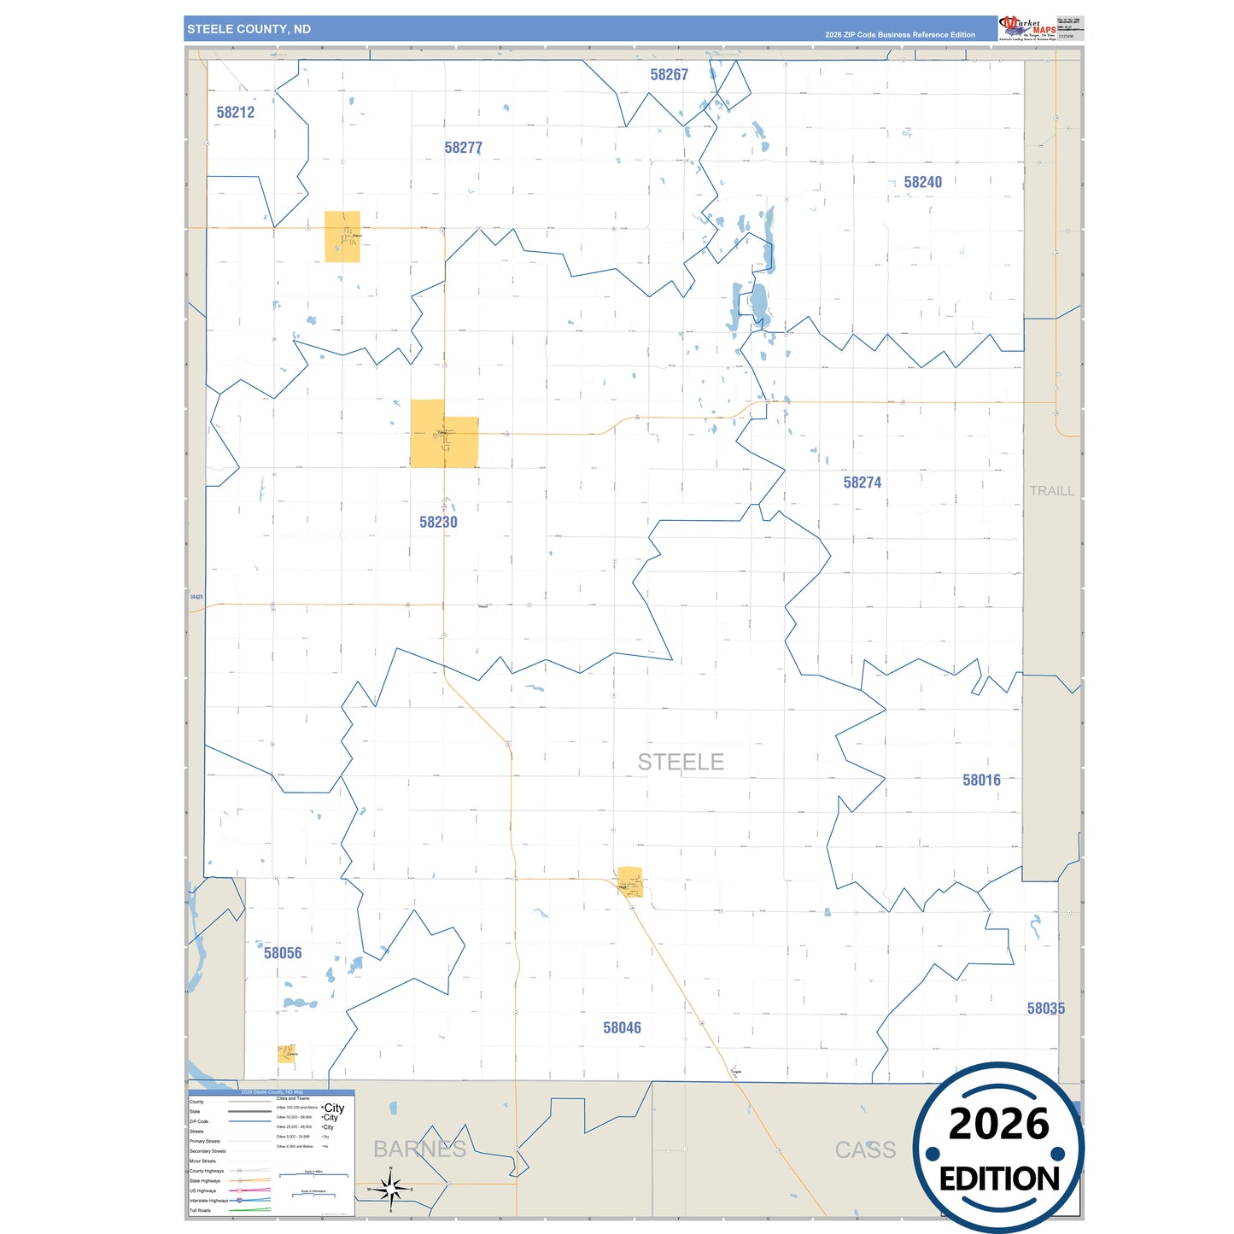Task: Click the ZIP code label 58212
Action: click(235, 112)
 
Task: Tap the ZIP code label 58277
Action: click(463, 148)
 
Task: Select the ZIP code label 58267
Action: click(669, 75)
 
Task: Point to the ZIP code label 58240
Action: click(922, 182)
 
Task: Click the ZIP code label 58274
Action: click(862, 482)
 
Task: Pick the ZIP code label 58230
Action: click(438, 522)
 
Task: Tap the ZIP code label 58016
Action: click(981, 780)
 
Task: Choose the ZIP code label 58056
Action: click(283, 953)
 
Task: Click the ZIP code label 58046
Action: click(622, 1028)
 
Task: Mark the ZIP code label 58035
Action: click(1045, 1009)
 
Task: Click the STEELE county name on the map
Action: click(681, 762)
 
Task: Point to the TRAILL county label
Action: click(1051, 491)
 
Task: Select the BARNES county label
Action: click(419, 1149)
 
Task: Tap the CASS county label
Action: click(865, 1150)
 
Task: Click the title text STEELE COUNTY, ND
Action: click(249, 29)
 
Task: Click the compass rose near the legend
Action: click(390, 1188)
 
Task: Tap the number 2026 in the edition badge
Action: click(998, 1124)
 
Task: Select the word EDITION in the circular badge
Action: click(999, 1179)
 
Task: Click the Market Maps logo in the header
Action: click(1027, 28)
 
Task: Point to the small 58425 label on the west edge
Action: click(196, 597)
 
